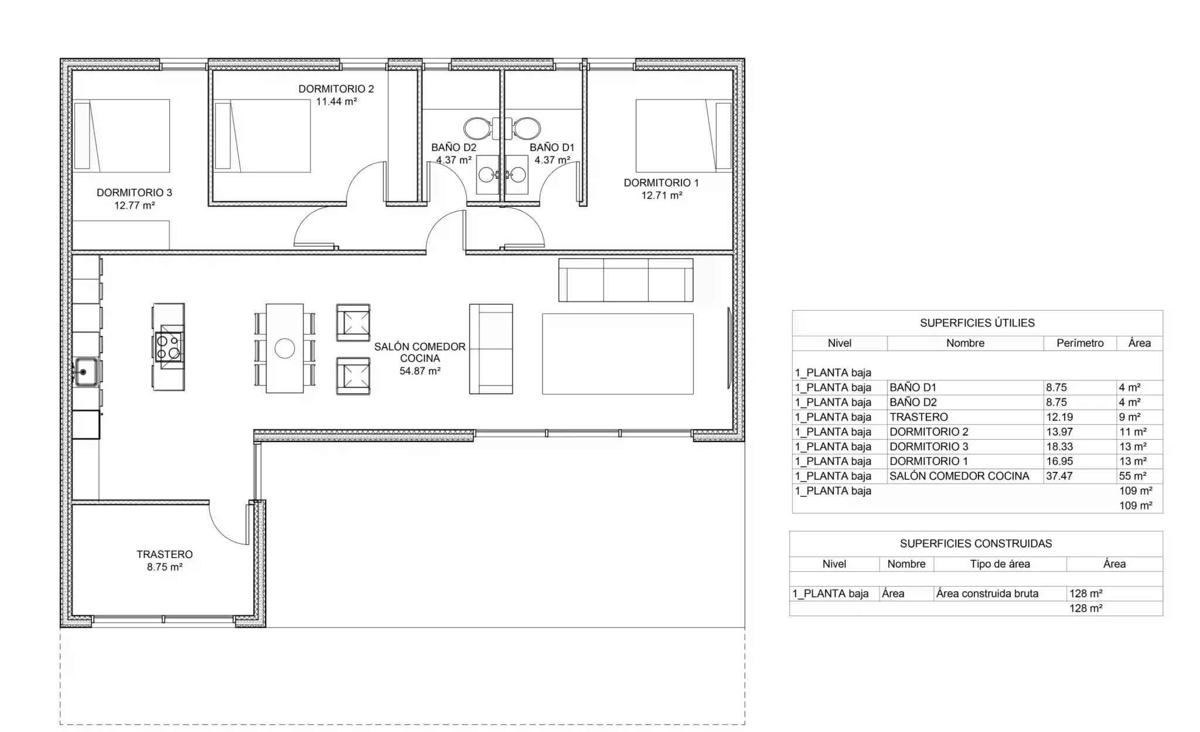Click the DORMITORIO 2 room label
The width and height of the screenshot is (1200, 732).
coord(336,89)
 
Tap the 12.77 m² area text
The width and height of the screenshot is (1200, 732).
coord(135,206)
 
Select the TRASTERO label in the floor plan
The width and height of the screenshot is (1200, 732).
coord(165,554)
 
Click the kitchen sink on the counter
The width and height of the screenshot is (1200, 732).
coord(86,372)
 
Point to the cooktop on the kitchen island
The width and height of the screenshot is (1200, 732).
coord(169,346)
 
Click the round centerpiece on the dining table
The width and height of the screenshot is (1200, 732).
coord(285,349)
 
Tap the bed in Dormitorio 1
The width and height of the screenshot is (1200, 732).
coord(683,136)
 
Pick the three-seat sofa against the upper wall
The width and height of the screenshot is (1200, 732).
coord(626,280)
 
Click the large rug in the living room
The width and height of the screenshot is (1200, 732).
coord(618,354)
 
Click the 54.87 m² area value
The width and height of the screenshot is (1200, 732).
coord(420,371)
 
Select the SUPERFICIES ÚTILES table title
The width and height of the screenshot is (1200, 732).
coord(977,323)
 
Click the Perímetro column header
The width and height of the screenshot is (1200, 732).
coord(1080,343)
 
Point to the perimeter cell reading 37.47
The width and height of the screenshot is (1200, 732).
coord(1059,476)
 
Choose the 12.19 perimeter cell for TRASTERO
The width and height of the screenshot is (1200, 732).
coord(1059,417)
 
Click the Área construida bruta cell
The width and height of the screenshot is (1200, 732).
coord(987,594)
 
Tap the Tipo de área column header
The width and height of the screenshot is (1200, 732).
coord(1000,564)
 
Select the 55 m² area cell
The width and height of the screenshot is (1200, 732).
coord(1133,476)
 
